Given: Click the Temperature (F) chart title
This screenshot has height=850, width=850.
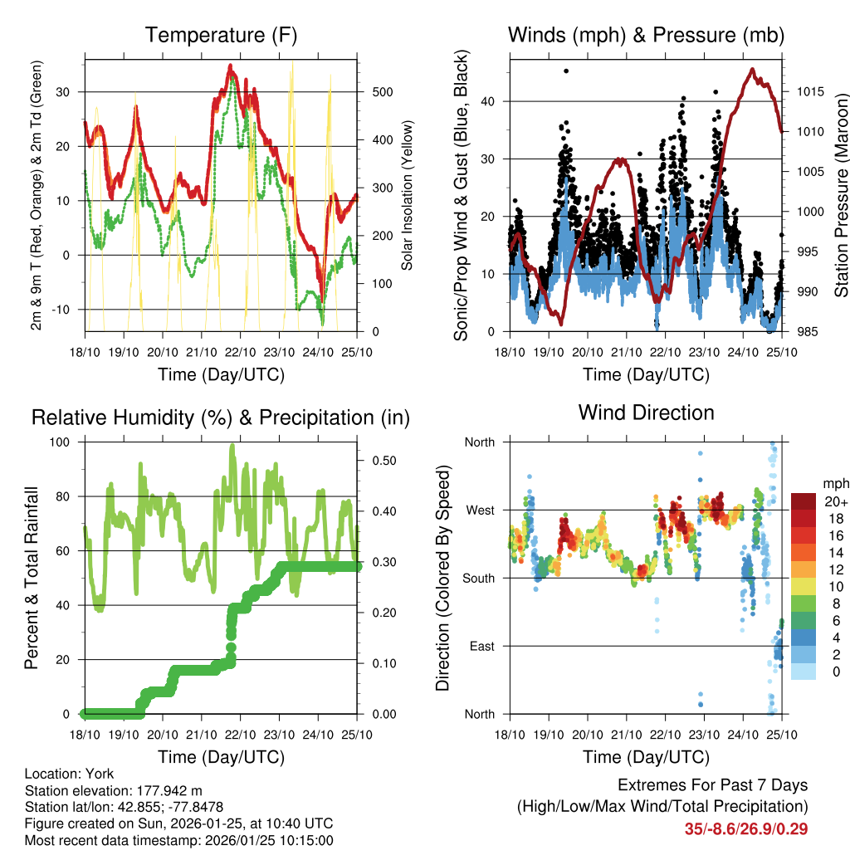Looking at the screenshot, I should (x=221, y=35).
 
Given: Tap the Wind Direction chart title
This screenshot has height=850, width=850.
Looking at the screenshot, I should (x=646, y=412).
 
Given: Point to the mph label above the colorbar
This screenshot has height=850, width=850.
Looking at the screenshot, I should (x=834, y=483).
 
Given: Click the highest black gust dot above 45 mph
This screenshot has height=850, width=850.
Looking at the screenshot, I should (x=566, y=71).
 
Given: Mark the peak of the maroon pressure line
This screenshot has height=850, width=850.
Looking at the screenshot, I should (x=752, y=70).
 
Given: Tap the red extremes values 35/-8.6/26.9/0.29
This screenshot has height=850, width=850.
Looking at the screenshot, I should (x=746, y=828).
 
